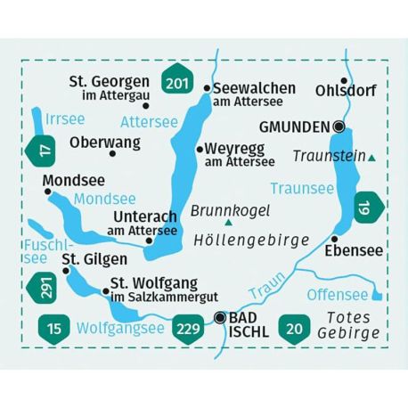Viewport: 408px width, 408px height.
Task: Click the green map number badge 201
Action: [x=176, y=84]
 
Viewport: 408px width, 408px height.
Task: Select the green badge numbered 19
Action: [x=364, y=209]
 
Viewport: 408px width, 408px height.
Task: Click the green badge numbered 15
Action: [x=53, y=330]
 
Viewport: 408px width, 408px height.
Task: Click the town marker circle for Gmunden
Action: [x=339, y=126]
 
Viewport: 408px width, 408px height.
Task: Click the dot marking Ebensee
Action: [x=333, y=239]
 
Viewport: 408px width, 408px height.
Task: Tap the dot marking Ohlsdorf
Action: [x=344, y=78]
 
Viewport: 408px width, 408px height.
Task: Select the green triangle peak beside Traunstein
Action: [x=371, y=159]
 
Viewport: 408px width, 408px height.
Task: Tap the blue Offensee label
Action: [x=337, y=294]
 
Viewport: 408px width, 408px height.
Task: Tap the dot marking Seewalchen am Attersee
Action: [x=207, y=88]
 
